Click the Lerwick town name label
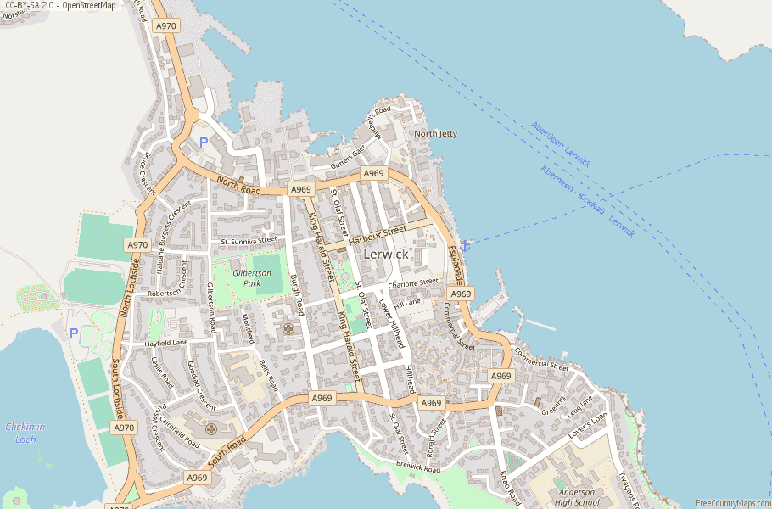coord(386,254)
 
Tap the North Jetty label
coord(435,134)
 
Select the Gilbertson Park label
coord(252,278)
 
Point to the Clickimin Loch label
coord(25,433)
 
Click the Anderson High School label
coord(575,496)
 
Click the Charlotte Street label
coord(413,283)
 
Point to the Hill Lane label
coord(406,302)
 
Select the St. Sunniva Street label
coord(249,241)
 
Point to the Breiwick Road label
coord(418,466)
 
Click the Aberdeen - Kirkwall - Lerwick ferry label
coord(586,202)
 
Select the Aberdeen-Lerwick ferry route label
coord(561,144)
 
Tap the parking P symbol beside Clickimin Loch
coord(74,333)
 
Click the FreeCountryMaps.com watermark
coord(732,503)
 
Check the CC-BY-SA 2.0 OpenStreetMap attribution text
coord(59,6)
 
